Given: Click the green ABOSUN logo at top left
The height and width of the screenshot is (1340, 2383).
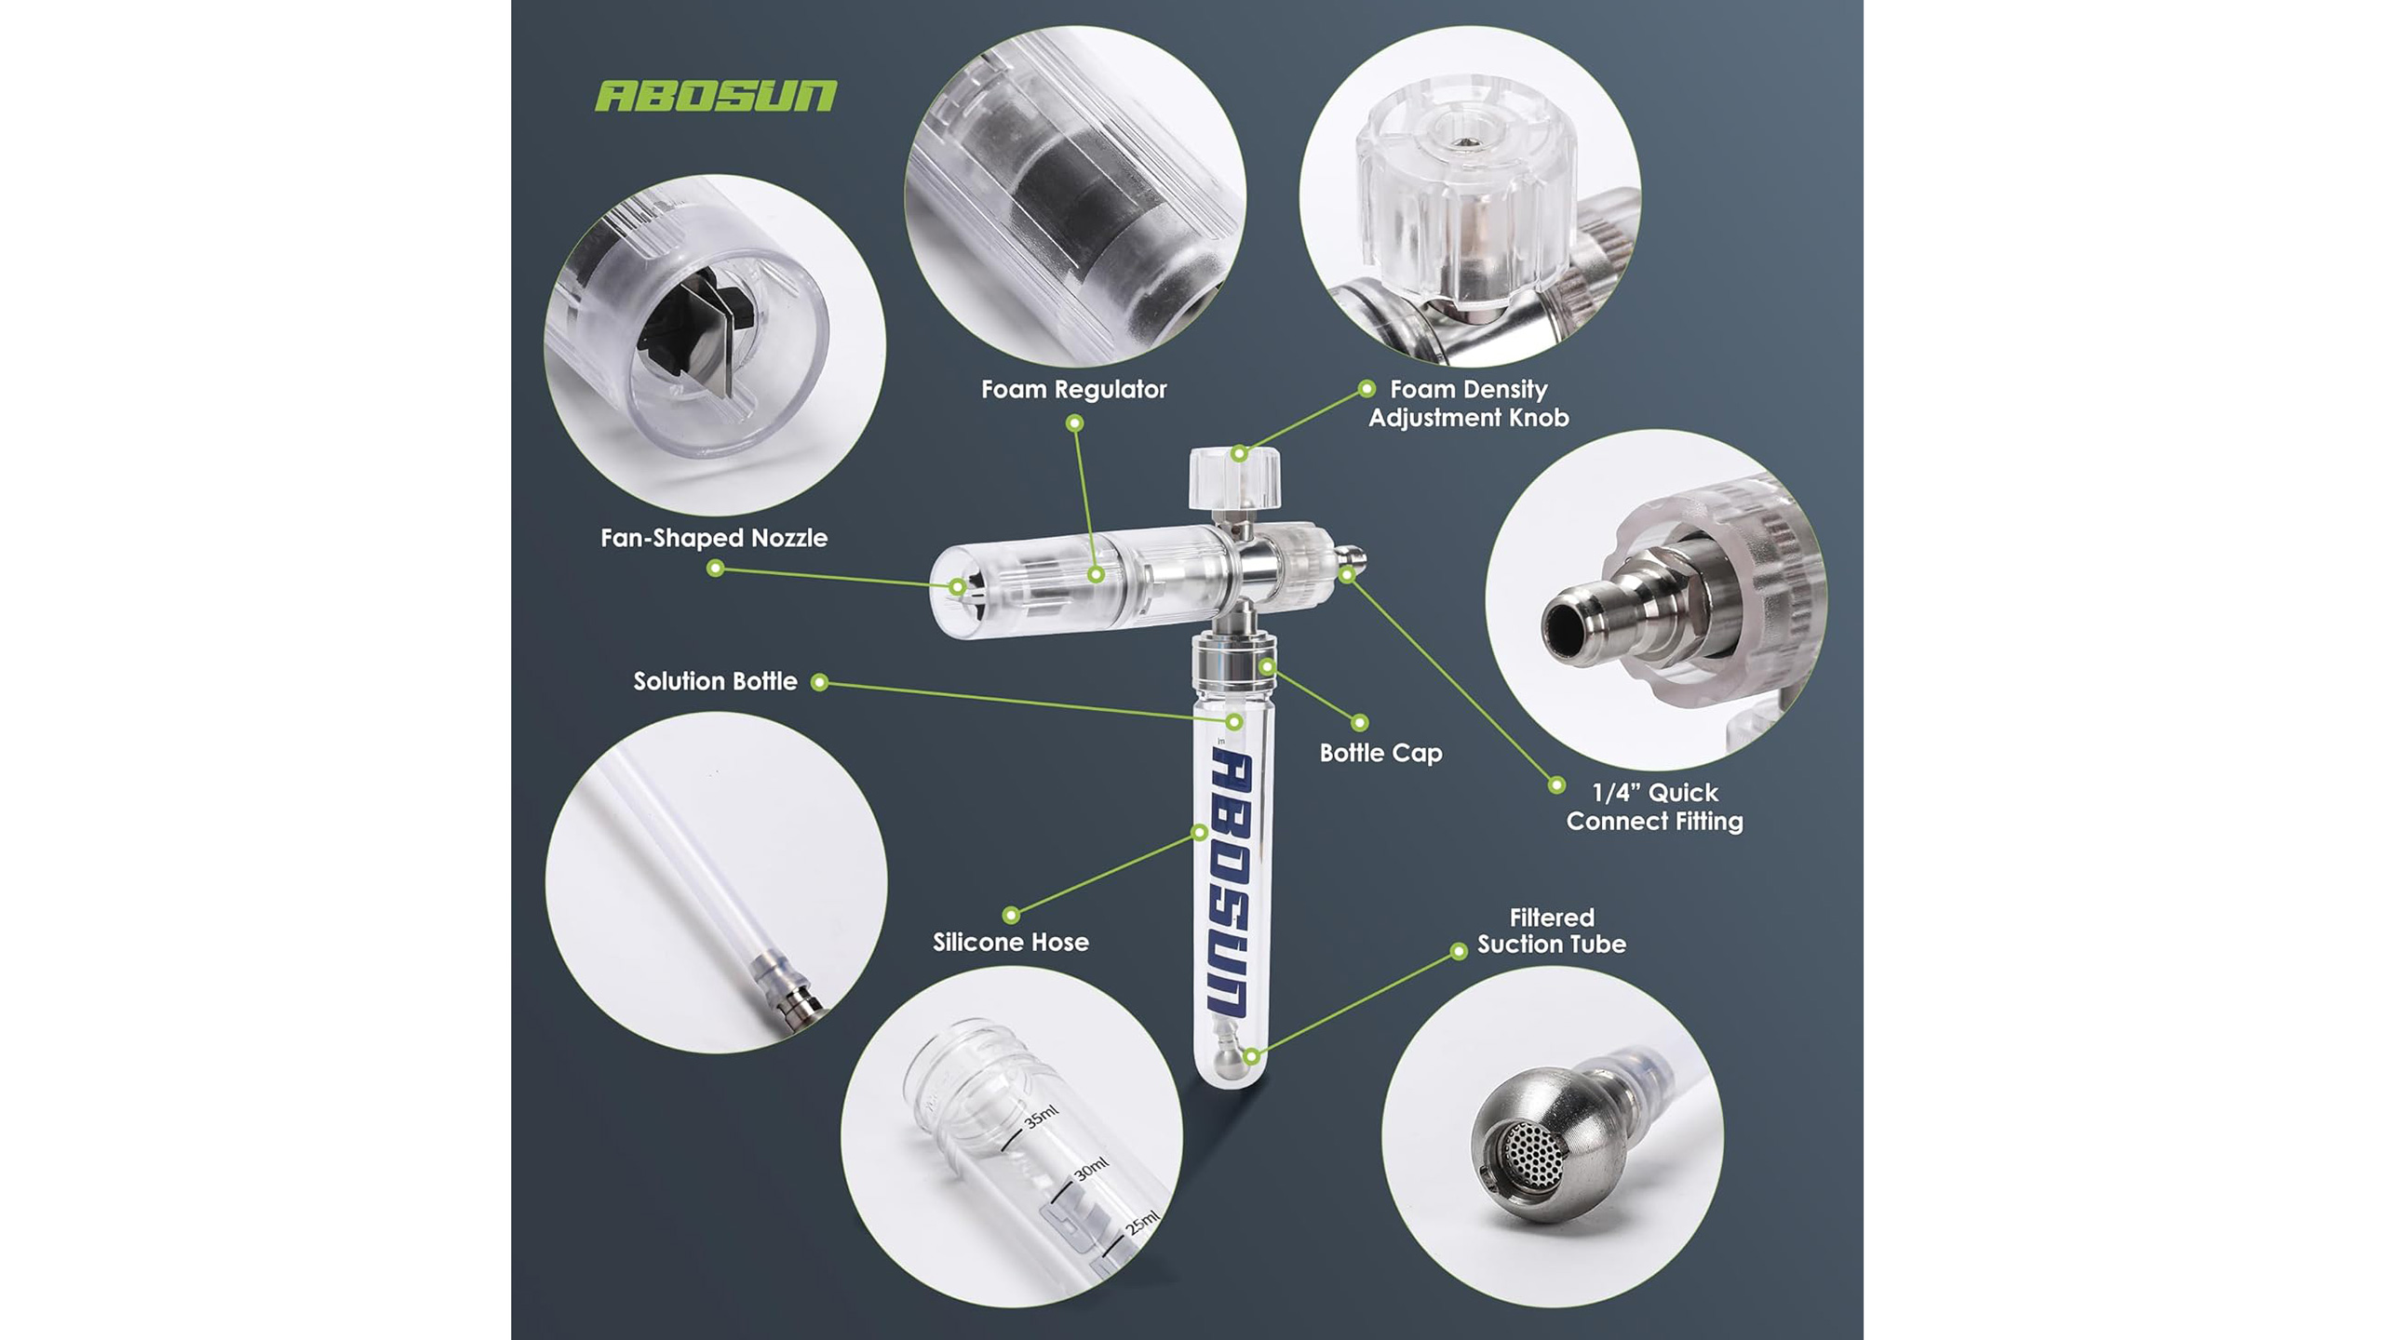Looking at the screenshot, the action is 716,96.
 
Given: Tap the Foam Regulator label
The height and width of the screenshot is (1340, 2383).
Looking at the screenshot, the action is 1073,389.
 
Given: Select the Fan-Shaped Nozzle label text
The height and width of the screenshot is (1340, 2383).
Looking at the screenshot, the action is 714,538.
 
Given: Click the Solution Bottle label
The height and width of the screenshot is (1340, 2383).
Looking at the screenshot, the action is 715,681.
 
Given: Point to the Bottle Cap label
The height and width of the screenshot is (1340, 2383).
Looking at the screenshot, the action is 1380,753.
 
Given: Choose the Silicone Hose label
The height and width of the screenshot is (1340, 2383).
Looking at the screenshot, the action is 1011,942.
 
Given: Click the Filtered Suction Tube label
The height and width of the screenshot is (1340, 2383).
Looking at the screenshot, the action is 1552,931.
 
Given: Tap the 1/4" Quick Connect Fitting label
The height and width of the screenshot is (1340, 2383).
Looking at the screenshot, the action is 1654,807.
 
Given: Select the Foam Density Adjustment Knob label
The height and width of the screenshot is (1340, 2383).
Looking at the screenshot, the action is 1469,403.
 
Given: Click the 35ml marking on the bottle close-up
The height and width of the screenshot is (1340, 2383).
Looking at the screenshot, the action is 1040,1116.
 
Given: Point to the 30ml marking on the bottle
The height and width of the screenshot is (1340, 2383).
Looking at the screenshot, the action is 1091,1168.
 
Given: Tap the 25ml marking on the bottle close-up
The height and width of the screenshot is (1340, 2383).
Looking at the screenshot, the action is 1142,1223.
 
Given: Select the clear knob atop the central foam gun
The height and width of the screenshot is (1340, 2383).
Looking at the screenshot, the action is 1234,477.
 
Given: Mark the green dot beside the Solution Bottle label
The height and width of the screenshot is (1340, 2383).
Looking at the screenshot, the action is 819,683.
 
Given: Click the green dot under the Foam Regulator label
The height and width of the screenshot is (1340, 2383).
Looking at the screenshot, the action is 1074,423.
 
